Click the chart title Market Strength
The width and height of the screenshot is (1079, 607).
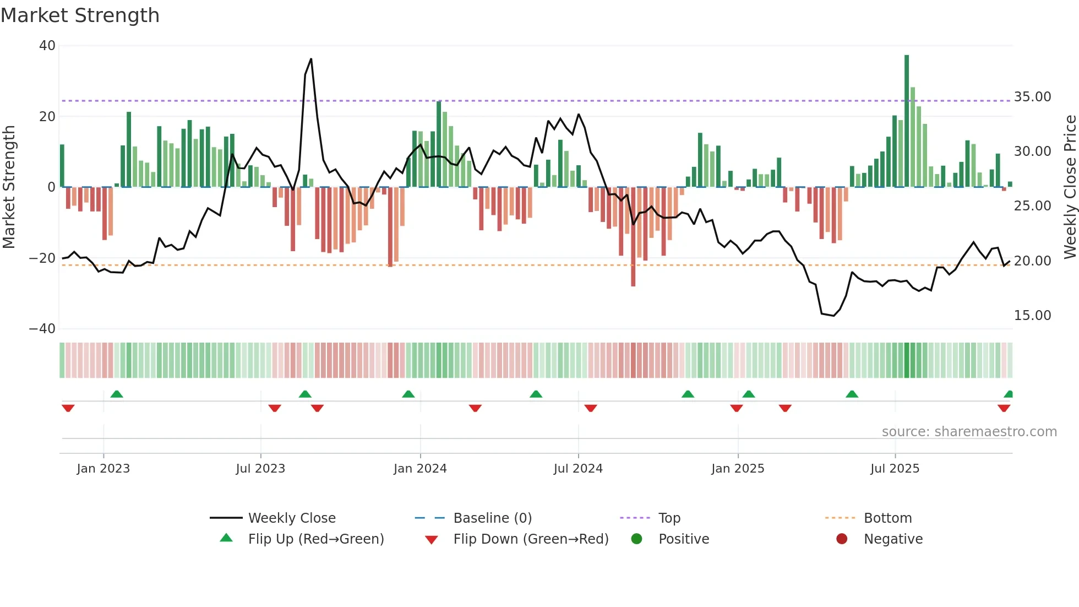point(80,15)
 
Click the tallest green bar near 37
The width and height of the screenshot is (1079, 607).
point(907,121)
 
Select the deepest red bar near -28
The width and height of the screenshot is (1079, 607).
point(633,237)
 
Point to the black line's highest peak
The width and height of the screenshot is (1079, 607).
point(311,59)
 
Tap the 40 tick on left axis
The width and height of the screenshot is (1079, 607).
point(47,46)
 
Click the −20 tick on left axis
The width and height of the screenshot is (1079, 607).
point(43,258)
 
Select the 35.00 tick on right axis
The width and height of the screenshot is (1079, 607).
point(1032,97)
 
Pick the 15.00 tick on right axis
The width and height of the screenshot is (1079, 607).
point(1032,316)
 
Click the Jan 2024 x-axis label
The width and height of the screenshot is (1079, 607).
point(420,469)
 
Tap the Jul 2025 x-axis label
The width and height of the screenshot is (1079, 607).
point(895,469)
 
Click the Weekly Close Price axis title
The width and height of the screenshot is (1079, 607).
point(1070,187)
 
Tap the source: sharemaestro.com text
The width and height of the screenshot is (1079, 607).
point(969,432)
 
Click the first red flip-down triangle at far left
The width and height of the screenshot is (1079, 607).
point(68,408)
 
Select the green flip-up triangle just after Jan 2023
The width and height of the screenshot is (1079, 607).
point(117,394)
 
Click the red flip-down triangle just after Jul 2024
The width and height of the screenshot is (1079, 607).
point(591,408)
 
